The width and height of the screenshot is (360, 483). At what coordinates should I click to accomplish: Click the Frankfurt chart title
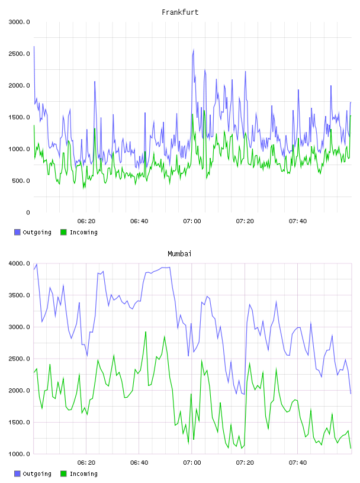tap(180, 12)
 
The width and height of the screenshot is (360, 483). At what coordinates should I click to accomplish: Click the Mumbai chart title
tap(179, 254)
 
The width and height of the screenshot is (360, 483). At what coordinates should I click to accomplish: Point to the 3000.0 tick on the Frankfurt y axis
tap(19, 22)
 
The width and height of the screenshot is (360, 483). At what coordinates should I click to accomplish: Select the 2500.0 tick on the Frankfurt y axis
tap(19, 54)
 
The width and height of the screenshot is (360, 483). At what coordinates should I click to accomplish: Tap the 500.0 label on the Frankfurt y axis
tap(21, 181)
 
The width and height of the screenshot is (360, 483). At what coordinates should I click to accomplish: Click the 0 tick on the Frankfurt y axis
tap(28, 212)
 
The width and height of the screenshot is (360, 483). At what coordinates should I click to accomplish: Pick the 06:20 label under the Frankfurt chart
tap(86, 221)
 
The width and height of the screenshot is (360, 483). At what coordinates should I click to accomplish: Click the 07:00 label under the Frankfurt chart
tap(192, 221)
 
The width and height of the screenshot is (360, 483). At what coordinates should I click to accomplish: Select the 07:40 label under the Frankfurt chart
tap(298, 221)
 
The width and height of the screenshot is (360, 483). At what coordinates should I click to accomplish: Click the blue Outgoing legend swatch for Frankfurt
tap(17, 232)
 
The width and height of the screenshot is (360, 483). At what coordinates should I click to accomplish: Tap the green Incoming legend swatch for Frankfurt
tap(63, 232)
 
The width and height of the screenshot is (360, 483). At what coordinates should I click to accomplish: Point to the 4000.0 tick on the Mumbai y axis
tap(19, 263)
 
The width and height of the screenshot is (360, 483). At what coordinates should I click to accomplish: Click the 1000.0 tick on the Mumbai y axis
tap(19, 454)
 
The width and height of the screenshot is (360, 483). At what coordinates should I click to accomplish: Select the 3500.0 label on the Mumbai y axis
tap(19, 295)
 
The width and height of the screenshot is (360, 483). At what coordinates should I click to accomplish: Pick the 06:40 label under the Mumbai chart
tap(139, 463)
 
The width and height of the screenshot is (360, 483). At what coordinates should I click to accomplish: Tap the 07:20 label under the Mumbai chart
tap(245, 463)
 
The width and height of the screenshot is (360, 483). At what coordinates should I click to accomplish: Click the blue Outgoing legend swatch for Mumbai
tap(17, 474)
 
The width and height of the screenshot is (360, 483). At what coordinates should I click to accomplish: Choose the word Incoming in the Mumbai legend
tap(83, 474)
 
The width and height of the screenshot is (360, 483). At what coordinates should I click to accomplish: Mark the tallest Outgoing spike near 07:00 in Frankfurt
tap(194, 49)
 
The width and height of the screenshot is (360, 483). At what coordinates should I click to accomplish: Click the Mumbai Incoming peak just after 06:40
tap(146, 331)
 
